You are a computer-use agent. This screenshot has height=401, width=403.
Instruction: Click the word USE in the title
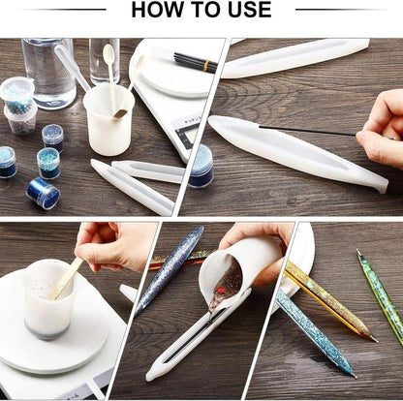point(246,11)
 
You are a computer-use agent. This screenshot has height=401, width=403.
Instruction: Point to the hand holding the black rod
point(382,128)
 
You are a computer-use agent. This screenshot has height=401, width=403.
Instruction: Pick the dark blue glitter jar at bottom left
point(43,192)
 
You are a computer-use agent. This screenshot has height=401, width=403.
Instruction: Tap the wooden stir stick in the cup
point(67,277)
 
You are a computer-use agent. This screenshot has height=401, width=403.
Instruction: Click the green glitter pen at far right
point(382,296)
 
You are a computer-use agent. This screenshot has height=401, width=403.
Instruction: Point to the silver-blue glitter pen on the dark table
point(171,270)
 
